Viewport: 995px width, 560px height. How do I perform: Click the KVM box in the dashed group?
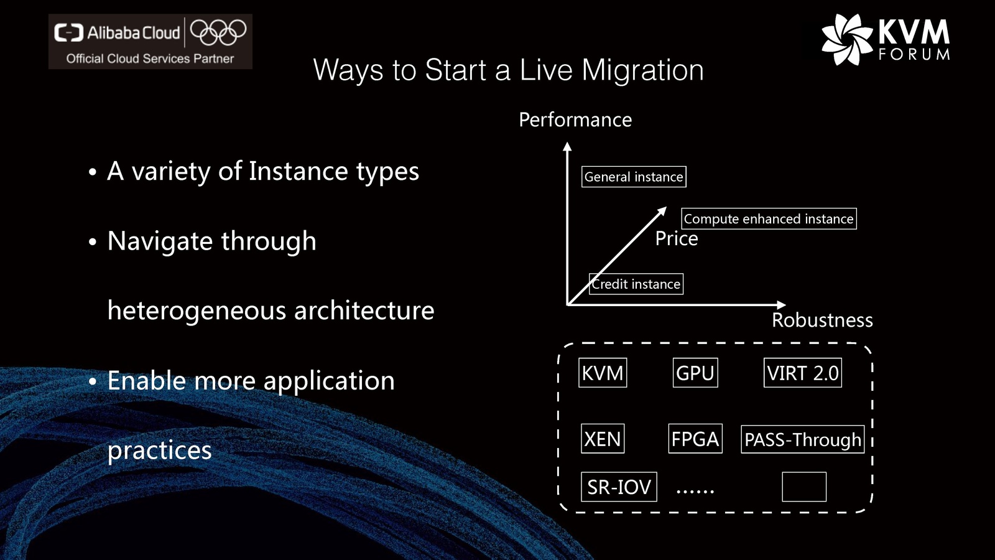pos(603,373)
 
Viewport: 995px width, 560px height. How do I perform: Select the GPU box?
pos(695,373)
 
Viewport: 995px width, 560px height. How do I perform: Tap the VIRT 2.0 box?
pos(803,373)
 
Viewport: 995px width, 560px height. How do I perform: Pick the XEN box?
pos(603,439)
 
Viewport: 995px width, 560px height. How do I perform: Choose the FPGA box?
pos(695,439)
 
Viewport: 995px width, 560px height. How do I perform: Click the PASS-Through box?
pos(803,439)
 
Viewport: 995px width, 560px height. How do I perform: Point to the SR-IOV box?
pos(619,487)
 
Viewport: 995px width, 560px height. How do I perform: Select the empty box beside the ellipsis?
pos(804,487)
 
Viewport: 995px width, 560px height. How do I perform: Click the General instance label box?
pos(634,177)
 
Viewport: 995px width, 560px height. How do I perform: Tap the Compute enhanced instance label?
pos(769,218)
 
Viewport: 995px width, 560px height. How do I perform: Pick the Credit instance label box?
pos(636,284)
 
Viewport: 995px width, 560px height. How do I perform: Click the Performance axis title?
pos(575,119)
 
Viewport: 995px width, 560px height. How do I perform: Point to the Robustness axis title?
pos(822,320)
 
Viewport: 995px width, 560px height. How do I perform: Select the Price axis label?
pos(677,239)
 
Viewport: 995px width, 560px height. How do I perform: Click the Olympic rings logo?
pos(218,32)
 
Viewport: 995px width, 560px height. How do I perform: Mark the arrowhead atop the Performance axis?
pos(567,147)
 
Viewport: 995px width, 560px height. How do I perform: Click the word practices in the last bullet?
pos(159,450)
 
